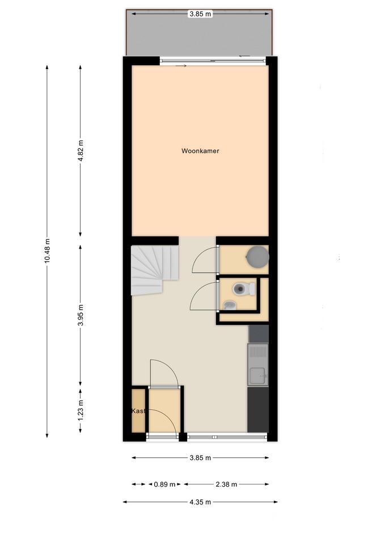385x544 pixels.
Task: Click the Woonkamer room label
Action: coord(200,151)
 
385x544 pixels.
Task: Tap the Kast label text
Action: coord(138,411)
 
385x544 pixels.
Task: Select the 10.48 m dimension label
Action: coord(47,250)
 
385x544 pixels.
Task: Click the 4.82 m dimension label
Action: coord(81,150)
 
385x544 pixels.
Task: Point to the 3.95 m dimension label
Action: coord(81,316)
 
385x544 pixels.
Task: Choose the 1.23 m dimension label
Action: coord(81,410)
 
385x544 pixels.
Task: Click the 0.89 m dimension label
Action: coord(164,484)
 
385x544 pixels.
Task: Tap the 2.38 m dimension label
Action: coord(226,484)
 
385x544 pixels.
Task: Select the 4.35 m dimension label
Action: coord(200,502)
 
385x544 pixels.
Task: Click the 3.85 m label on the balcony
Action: coord(200,14)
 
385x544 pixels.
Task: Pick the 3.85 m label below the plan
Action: coord(200,458)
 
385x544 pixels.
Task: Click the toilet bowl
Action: coord(244,288)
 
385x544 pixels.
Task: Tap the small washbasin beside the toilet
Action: coord(229,305)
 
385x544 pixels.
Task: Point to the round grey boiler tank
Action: coord(257,257)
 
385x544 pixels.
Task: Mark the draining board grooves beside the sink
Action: coord(257,352)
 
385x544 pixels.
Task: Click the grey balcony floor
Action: coord(200,35)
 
